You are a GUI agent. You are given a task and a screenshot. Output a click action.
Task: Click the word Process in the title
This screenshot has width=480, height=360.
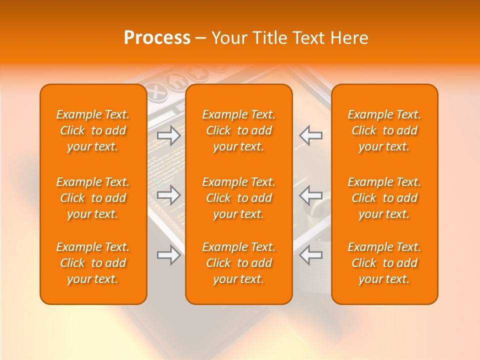[x=157, y=38]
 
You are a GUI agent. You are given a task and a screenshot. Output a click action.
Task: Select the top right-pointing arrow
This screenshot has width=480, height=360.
[x=169, y=135]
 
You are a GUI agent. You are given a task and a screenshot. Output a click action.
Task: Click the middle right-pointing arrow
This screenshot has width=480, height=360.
[x=169, y=195]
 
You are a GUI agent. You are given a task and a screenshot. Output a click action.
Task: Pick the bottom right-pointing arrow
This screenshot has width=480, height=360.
[x=169, y=254]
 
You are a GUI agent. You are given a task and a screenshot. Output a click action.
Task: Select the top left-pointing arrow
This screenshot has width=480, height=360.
[x=310, y=135]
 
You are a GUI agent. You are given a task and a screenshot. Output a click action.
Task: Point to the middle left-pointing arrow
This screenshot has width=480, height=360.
[x=310, y=195]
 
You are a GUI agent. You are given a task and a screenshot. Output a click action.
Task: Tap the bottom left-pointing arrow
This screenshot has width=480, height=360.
[x=310, y=254]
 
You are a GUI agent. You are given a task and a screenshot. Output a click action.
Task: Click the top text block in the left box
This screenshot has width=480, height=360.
[x=93, y=130]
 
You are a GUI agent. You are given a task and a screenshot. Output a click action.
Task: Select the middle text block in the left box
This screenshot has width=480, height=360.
[x=93, y=198]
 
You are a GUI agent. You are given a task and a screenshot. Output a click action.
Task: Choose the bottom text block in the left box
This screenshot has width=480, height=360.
[x=93, y=263]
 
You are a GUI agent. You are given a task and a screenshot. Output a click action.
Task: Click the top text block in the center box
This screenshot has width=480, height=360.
[x=239, y=130]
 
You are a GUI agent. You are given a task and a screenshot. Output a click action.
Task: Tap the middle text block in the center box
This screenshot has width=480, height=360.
[x=239, y=198]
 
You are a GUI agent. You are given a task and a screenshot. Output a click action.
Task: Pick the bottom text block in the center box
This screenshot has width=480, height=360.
[x=239, y=263]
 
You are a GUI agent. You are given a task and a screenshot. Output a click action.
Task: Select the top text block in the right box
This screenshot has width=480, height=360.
[x=384, y=130]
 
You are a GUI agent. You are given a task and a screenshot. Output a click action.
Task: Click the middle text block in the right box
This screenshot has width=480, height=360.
[x=384, y=198]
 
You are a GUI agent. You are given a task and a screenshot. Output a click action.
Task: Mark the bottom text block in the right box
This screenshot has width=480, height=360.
[x=384, y=263]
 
